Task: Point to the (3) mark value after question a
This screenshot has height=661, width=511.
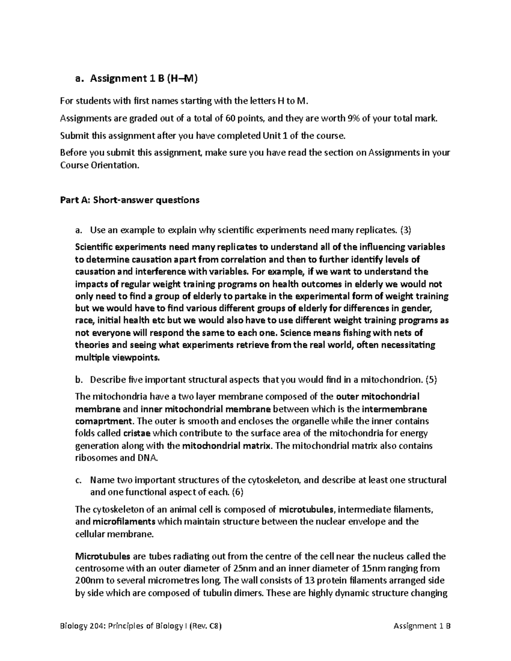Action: tap(405, 230)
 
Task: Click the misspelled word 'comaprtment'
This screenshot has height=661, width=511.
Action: tap(103, 421)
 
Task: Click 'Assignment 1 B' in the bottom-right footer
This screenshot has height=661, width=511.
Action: tap(422, 626)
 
